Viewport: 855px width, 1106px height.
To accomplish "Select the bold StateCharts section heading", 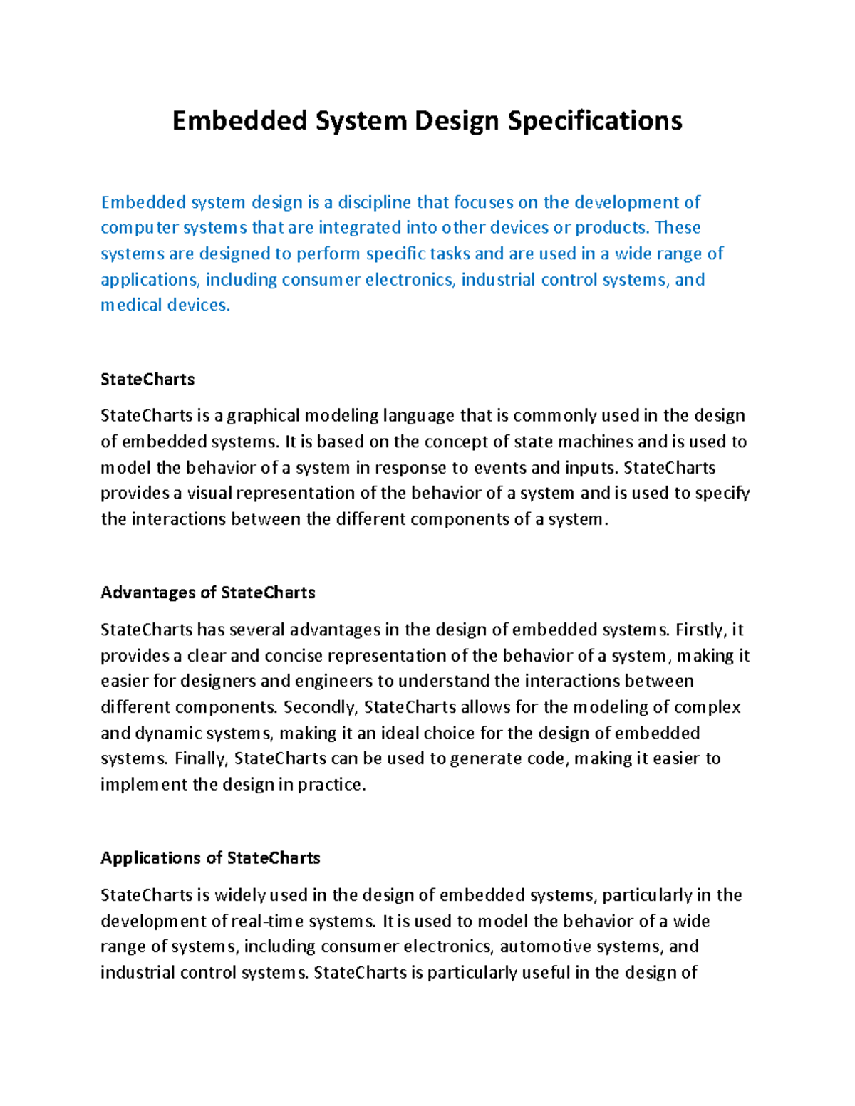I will pos(147,380).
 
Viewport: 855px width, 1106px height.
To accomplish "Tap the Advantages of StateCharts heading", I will pos(207,593).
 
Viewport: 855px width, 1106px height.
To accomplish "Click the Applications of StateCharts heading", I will pos(210,858).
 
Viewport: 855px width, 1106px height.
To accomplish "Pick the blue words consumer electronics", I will pos(368,280).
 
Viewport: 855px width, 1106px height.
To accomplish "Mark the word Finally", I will pos(201,759).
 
